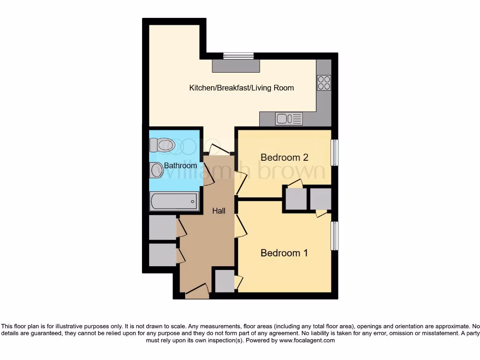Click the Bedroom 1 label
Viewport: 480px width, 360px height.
pyautogui.click(x=284, y=253)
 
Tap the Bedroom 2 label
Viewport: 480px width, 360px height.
pyautogui.click(x=284, y=157)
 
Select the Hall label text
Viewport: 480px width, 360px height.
pyautogui.click(x=218, y=211)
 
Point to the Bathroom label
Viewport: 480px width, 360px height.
pyautogui.click(x=180, y=166)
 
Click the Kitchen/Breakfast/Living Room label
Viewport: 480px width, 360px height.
pyautogui.click(x=241, y=88)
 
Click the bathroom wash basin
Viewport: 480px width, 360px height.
pyautogui.click(x=157, y=170)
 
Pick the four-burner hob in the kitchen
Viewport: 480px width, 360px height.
pyautogui.click(x=324, y=82)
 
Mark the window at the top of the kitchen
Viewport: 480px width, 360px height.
pyautogui.click(x=238, y=56)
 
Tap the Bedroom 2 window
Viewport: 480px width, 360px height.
pyautogui.click(x=334, y=153)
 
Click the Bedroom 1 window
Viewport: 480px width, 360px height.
pyautogui.click(x=334, y=236)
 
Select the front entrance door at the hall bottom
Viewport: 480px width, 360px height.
pyautogui.click(x=197, y=292)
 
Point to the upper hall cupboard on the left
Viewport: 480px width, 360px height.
pyautogui.click(x=162, y=228)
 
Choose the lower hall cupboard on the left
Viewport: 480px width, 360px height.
pyautogui.click(x=162, y=255)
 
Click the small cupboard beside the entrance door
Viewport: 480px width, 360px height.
pyautogui.click(x=224, y=281)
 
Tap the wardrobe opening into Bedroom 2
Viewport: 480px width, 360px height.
pyautogui.click(x=296, y=199)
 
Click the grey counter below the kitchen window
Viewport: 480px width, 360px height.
pyautogui.click(x=236, y=66)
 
